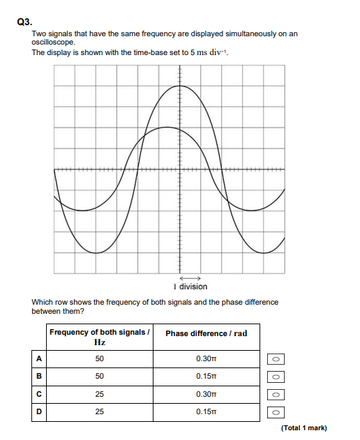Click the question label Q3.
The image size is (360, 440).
(23, 21)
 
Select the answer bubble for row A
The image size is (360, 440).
(276, 358)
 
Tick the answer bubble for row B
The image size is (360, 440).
(276, 377)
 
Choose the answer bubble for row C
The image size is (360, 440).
(276, 394)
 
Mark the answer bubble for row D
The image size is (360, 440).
(276, 412)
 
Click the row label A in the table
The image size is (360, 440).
(39, 358)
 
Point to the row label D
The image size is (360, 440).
(39, 412)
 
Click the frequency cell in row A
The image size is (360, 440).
(99, 358)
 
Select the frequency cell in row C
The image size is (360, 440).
(99, 394)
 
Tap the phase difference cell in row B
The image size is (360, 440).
(207, 377)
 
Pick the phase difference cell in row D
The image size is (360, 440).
(207, 412)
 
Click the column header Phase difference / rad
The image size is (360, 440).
(207, 333)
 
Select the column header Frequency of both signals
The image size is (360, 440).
(100, 336)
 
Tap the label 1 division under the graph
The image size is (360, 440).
(190, 287)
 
